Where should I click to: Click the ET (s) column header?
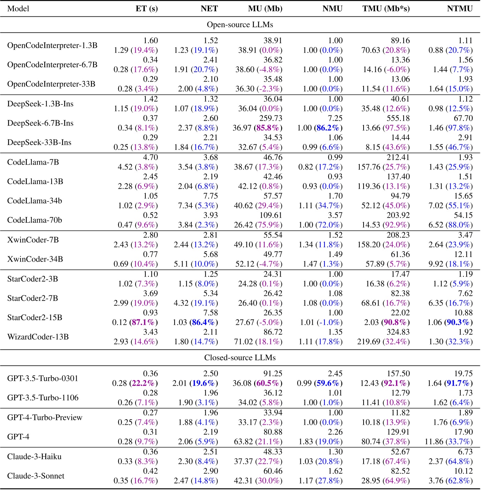[146, 9]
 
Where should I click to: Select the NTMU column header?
[460, 9]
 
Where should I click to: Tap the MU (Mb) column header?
[265, 9]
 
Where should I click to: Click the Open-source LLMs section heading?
[240, 25]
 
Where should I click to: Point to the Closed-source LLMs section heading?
[240, 358]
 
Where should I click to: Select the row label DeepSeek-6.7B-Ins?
[40, 123]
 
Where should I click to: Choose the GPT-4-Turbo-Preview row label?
[45, 417]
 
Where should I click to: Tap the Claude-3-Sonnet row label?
[36, 476]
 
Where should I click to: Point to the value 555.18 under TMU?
[398, 119]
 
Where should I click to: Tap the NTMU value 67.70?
[463, 119]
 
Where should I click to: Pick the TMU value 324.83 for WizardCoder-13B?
[398, 332]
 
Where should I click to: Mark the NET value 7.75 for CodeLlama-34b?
[211, 196]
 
